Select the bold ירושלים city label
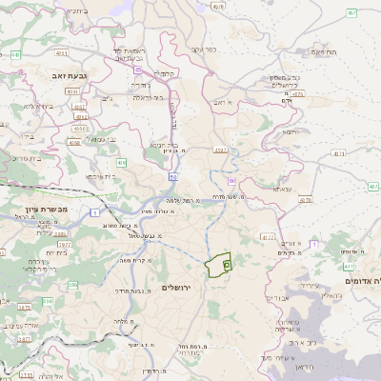click(177, 288)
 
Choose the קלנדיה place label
click(168, 74)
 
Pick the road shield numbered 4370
click(305, 201)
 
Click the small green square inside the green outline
click(226, 265)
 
